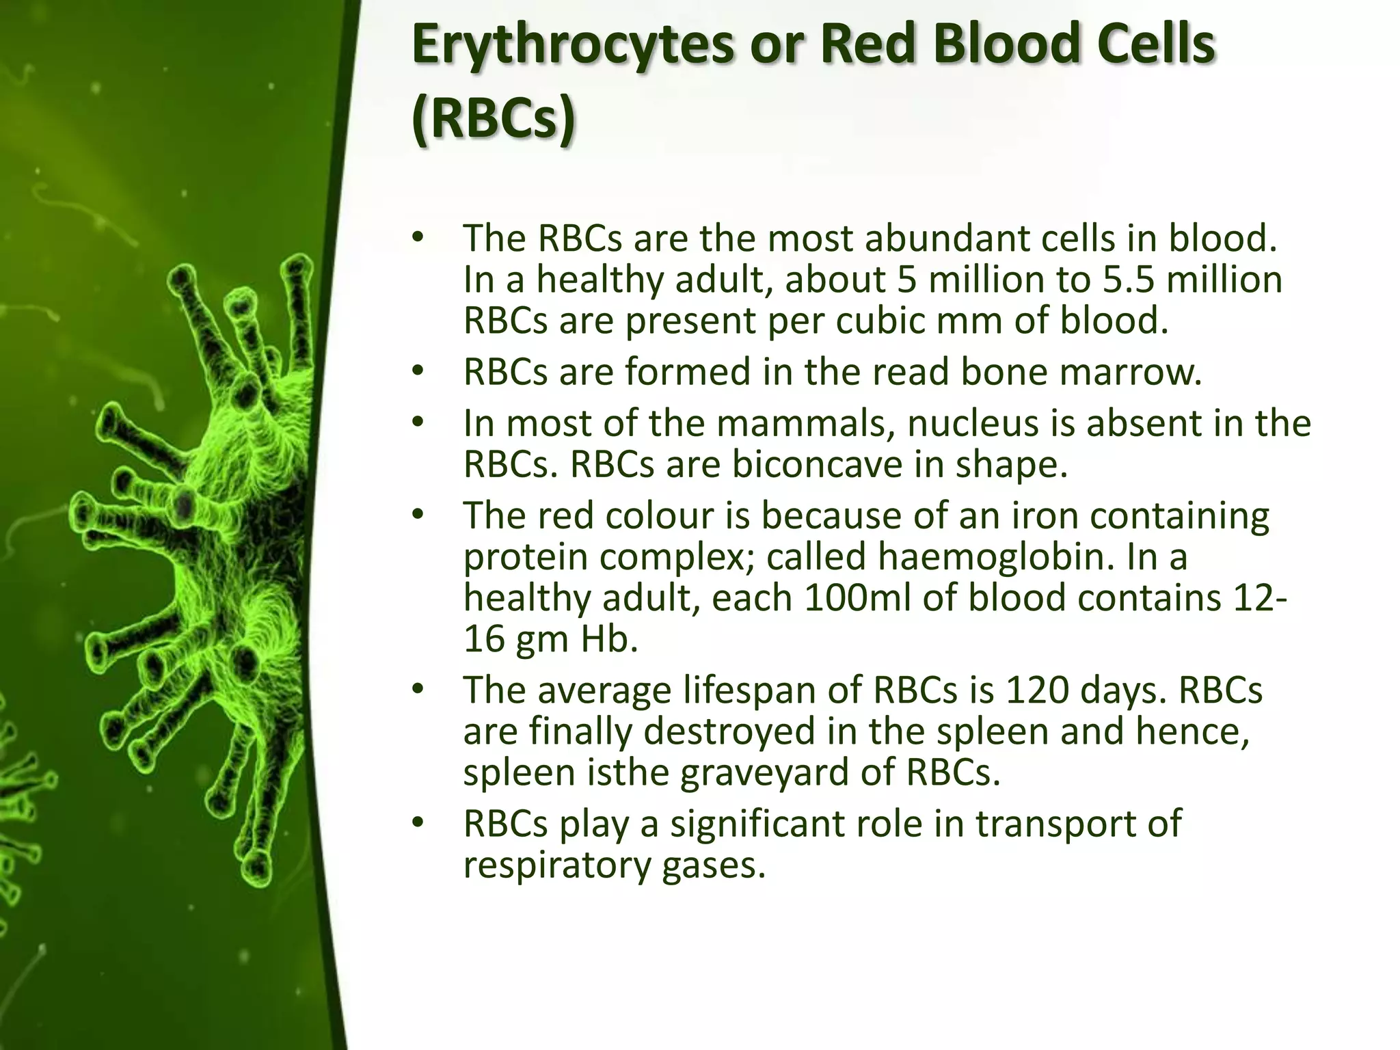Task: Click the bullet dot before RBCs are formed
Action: (x=418, y=372)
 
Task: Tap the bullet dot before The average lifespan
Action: (x=418, y=690)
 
